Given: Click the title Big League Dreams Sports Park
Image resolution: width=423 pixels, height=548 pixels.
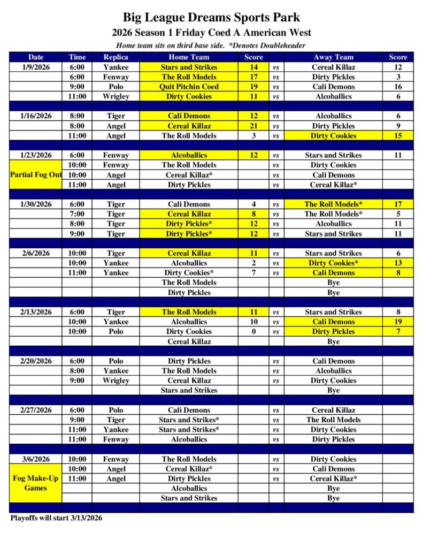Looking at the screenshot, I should tap(211, 18).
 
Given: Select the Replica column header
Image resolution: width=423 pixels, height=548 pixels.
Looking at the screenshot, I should tap(116, 57).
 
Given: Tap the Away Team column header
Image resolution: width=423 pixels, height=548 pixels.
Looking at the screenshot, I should tap(333, 57).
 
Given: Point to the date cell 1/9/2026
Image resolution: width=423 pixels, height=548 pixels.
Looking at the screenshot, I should tap(36, 67).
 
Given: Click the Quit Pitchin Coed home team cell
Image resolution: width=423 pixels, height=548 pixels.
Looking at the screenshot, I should tap(189, 87).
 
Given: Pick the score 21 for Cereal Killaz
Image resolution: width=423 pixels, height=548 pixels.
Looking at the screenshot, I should tap(253, 126).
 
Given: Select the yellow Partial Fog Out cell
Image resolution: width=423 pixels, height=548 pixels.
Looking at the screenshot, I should tap(36, 175).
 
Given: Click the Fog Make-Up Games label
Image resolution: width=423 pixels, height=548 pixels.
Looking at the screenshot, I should tap(36, 483).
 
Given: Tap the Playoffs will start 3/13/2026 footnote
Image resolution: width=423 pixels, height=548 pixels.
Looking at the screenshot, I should tap(56, 518).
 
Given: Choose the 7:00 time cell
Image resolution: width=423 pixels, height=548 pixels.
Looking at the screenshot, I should tap(76, 214).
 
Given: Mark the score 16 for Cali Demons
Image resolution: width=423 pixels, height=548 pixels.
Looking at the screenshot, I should tap(398, 87).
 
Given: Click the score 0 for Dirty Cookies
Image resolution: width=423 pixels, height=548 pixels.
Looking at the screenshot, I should tap(253, 331).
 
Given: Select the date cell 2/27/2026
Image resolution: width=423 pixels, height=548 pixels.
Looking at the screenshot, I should tap(36, 410).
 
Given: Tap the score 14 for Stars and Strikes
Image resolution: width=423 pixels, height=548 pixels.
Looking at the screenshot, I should tap(253, 67).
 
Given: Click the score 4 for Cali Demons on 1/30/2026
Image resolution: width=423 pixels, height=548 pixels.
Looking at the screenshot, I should tap(253, 204).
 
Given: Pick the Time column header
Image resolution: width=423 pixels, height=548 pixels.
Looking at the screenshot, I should tap(76, 57).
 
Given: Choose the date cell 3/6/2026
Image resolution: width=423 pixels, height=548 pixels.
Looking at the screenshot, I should tap(36, 459).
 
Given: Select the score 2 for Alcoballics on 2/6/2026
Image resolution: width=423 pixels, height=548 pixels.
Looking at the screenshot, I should tap(253, 263).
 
